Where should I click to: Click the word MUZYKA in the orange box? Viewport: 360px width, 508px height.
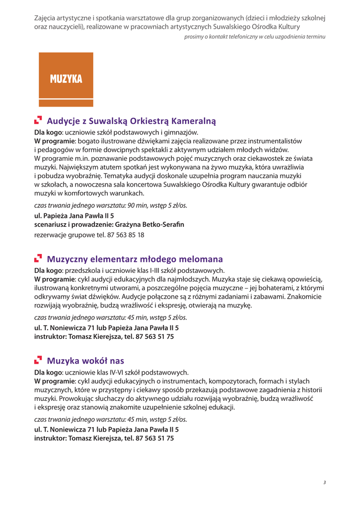66,79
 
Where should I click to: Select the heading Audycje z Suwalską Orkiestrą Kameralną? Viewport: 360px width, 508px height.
131,121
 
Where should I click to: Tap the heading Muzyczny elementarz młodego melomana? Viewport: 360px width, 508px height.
135,259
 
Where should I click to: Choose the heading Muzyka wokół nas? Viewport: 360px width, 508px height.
85,361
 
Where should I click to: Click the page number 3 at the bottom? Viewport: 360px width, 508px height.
324,482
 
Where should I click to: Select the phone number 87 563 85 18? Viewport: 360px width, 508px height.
126,235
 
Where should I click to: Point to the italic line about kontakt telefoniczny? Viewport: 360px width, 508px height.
255,37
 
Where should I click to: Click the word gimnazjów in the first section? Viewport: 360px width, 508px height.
182,132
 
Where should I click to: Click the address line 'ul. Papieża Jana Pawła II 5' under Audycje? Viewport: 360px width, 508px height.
74,216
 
